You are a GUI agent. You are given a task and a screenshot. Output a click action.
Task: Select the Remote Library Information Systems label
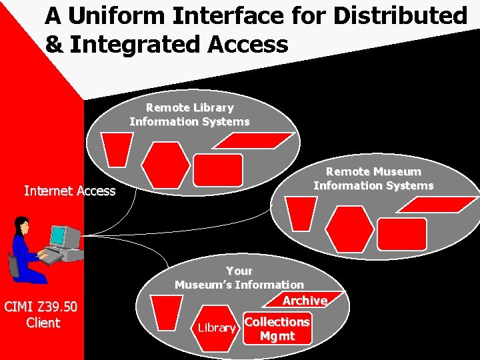tap(189, 115)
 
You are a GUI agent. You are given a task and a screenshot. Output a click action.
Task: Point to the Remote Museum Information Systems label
tap(373, 179)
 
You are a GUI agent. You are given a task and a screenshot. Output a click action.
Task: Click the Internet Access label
tap(70, 191)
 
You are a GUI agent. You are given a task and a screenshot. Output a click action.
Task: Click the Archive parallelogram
tap(304, 301)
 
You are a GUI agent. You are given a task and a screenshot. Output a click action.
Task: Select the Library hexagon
tap(217, 328)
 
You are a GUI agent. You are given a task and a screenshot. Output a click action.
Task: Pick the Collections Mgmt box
tap(277, 329)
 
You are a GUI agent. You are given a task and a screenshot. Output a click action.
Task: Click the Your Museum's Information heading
tap(239, 278)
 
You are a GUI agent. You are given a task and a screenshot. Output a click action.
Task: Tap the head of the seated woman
tap(23, 224)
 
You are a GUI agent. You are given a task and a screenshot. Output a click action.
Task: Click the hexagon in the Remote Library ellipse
tap(165, 165)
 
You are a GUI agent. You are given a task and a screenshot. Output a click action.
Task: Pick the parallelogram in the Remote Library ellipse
tap(258, 140)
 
